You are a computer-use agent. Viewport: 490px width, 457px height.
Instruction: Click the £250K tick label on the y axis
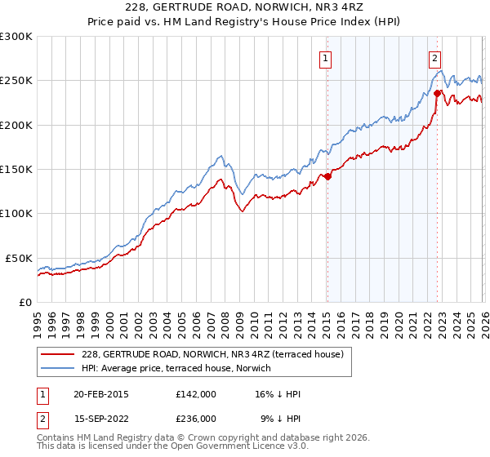click(x=16, y=81)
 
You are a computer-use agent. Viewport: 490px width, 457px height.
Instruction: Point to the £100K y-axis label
click(x=16, y=214)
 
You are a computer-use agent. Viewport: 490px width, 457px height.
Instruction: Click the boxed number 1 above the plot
click(x=326, y=58)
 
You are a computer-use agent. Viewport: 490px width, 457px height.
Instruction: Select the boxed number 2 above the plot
click(x=435, y=58)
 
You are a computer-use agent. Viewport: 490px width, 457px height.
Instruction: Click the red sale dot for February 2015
click(x=327, y=175)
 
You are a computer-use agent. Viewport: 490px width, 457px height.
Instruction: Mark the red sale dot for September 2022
click(x=437, y=92)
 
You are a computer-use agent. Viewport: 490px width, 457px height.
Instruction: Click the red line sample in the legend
click(x=57, y=354)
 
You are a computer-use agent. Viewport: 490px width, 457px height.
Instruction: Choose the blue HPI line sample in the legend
click(x=57, y=368)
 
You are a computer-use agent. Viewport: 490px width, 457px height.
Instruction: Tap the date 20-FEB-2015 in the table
click(x=96, y=394)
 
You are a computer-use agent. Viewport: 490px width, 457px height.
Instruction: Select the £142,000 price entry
click(x=195, y=394)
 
